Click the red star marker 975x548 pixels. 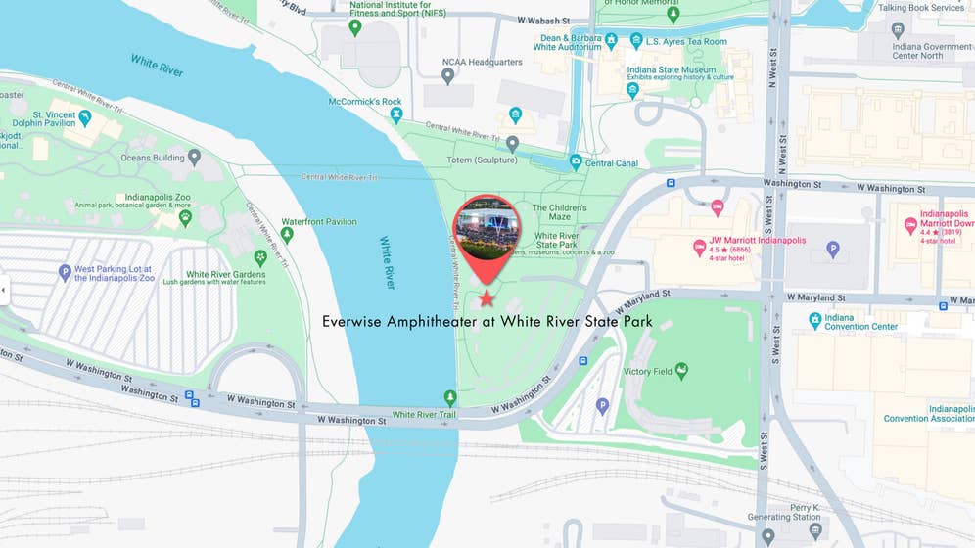click(487, 297)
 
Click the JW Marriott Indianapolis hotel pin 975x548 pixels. click(699, 247)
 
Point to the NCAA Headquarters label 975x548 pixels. click(482, 62)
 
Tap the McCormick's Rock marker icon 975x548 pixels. click(396, 114)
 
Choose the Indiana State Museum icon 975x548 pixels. click(632, 90)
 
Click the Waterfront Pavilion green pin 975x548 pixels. click(287, 235)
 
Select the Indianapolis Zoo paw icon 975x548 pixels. click(185, 217)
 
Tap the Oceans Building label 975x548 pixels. click(153, 158)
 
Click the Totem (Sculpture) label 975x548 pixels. click(482, 160)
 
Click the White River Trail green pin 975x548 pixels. click(450, 397)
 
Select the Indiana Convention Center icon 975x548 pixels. click(814, 320)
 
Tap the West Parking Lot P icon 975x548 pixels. click(65, 272)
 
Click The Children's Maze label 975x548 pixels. click(559, 211)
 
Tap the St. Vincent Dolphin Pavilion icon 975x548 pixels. click(85, 118)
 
